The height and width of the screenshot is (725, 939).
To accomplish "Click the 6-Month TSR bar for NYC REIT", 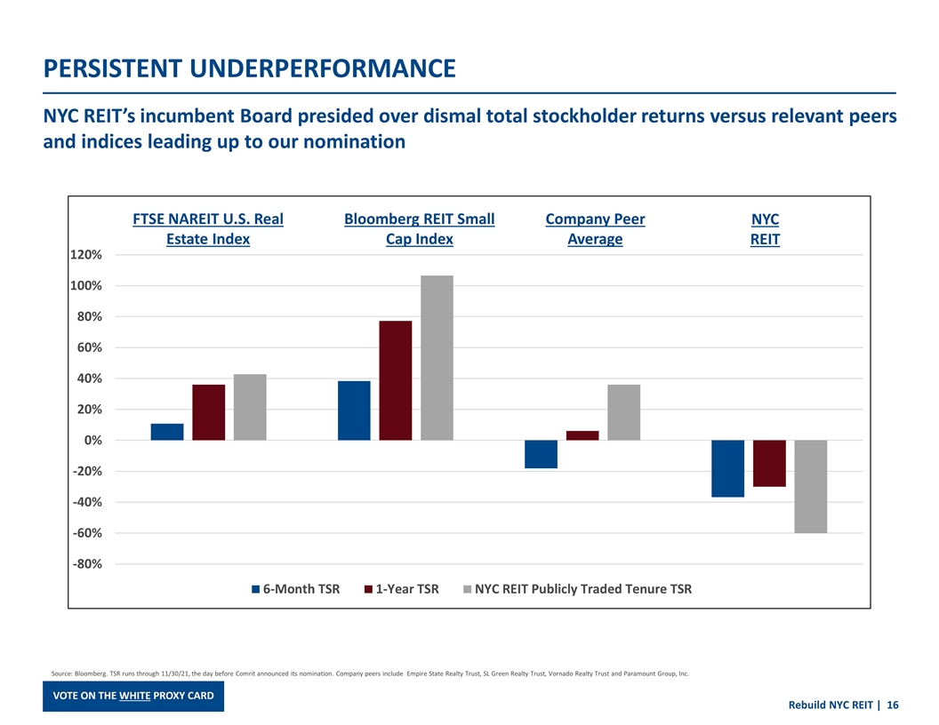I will [x=727, y=468].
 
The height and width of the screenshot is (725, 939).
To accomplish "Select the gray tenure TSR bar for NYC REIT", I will [x=810, y=486].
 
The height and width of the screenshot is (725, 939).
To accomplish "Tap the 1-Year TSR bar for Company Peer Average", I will [x=582, y=435].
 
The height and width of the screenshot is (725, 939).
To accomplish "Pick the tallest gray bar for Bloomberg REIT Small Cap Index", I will [x=437, y=357].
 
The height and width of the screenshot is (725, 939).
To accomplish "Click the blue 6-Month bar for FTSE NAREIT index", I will [x=167, y=432].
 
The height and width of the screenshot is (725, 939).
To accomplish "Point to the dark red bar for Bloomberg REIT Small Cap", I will [x=396, y=380].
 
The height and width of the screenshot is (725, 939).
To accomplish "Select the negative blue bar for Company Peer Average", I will [x=541, y=454].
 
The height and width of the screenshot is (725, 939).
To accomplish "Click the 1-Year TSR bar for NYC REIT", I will [x=769, y=463].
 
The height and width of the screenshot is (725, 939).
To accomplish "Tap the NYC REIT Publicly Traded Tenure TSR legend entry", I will [x=577, y=589].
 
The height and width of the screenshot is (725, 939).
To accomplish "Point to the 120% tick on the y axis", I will [x=85, y=255].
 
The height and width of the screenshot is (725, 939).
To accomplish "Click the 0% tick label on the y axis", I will [x=92, y=441].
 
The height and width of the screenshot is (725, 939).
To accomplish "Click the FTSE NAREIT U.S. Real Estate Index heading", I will [x=208, y=229].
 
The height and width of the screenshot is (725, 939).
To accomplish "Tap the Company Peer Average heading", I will [x=595, y=229].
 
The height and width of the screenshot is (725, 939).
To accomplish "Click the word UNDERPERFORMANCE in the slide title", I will [x=316, y=68].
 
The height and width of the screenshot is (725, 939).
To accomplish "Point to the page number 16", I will [x=892, y=705].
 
